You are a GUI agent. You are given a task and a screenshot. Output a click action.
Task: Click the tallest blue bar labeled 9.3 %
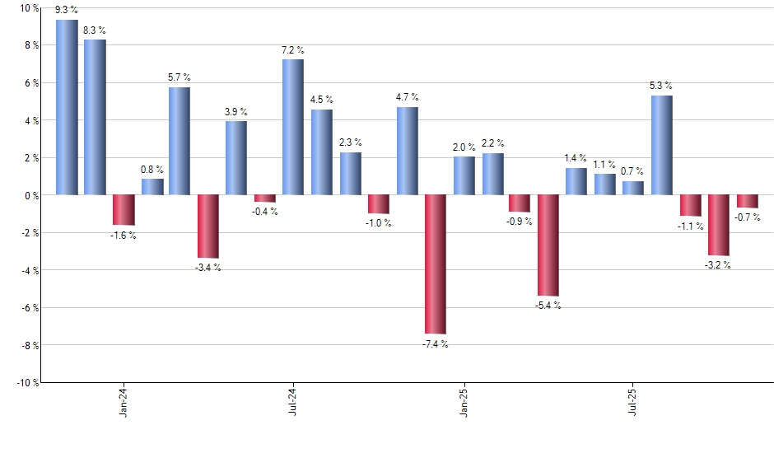point(67,107)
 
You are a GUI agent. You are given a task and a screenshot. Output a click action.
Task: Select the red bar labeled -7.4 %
point(435,264)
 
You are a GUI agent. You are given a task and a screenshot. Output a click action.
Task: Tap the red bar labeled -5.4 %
point(548,245)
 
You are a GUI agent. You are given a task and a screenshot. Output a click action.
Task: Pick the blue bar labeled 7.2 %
point(293,127)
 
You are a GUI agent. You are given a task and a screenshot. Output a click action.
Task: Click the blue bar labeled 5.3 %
point(661,145)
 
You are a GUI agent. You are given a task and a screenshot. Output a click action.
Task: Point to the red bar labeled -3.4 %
point(208,226)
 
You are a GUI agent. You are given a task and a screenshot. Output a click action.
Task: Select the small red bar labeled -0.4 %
point(265,198)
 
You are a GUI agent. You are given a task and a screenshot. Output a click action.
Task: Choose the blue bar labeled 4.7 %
point(407,151)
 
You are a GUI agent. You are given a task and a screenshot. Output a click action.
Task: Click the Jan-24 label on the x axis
point(124,403)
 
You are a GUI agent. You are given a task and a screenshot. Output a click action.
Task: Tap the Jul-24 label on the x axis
point(293,403)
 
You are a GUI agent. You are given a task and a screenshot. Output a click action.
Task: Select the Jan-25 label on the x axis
point(464,403)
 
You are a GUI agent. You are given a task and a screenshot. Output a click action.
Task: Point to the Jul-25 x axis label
point(633,403)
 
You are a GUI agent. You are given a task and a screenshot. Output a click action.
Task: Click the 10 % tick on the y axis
point(29,8)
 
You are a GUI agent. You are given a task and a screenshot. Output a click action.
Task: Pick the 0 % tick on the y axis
point(31,195)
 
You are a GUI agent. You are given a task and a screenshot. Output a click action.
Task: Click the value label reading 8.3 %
point(95,30)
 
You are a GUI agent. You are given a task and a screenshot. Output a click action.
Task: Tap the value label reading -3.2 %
point(718,265)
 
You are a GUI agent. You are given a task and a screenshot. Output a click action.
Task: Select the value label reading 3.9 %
point(236,112)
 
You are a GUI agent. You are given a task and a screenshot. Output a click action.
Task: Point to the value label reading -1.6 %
point(124,236)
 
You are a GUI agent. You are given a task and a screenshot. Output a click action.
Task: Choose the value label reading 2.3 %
point(350,142)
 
